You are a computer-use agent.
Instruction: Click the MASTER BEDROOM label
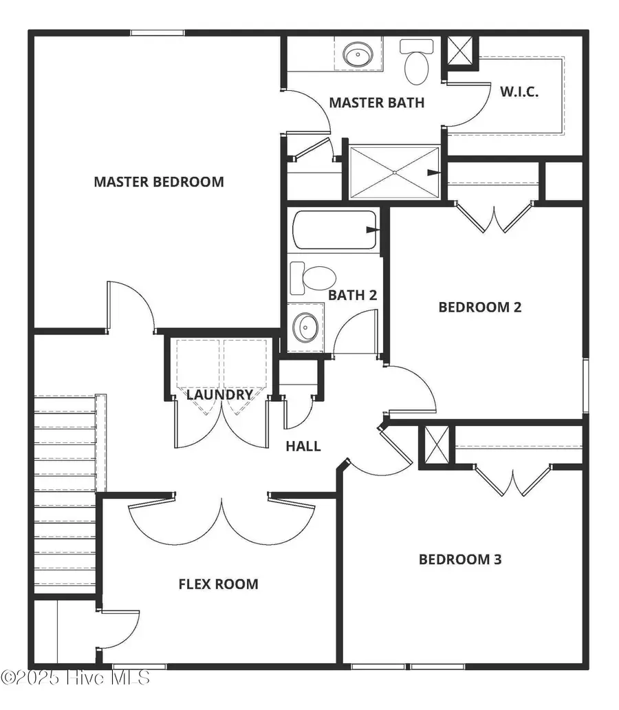pyautogui.click(x=158, y=182)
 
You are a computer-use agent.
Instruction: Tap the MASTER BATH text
pyautogui.click(x=376, y=103)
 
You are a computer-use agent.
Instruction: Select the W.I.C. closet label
pyautogui.click(x=519, y=92)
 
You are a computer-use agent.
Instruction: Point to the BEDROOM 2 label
pyautogui.click(x=479, y=307)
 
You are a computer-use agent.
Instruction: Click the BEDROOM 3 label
pyautogui.click(x=460, y=559)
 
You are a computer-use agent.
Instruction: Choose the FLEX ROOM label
pyautogui.click(x=218, y=584)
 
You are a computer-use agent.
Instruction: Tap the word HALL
pyautogui.click(x=303, y=446)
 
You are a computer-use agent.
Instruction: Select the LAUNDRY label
pyautogui.click(x=219, y=395)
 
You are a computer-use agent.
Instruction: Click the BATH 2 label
pyautogui.click(x=352, y=295)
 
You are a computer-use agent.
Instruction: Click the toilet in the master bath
pyautogui.click(x=416, y=61)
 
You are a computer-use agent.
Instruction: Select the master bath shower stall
pyautogui.click(x=393, y=172)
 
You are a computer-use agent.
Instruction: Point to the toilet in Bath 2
pyautogui.click(x=313, y=278)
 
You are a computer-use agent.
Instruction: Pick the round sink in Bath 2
pyautogui.click(x=305, y=326)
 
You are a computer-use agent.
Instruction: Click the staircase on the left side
pyautogui.click(x=65, y=492)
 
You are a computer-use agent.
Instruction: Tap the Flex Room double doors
pyautogui.click(x=221, y=519)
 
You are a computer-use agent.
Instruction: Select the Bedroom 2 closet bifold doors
pyautogui.click(x=494, y=217)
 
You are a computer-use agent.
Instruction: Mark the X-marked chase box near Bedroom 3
pyautogui.click(x=437, y=439)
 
